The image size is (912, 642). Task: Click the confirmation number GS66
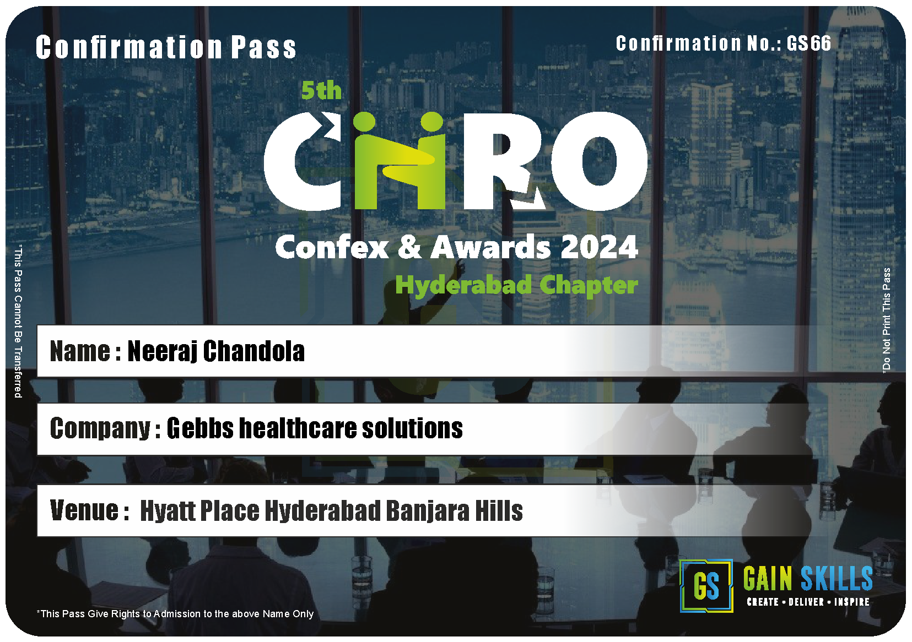808,43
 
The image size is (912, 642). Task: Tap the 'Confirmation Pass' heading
166,47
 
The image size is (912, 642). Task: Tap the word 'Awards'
491,247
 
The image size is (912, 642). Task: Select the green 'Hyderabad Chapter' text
517,285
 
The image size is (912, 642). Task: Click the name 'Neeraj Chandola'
216,351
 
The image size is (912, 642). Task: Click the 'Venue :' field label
90,510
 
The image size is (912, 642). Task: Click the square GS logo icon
706,586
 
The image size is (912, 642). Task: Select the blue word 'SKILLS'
837,578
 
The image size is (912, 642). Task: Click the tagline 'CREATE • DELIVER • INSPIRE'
808,602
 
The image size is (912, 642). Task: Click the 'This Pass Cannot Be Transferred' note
18,321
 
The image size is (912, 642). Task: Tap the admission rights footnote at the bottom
175,614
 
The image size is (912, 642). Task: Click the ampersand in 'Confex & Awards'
409,247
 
